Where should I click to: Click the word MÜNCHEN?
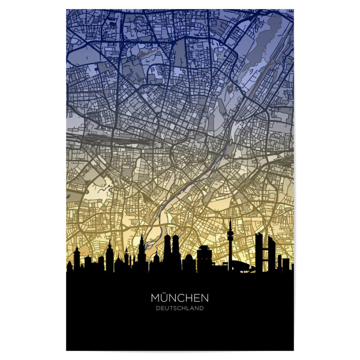click(180, 298)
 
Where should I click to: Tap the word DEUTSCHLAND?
click(180, 308)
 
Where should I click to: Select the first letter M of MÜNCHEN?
click(155, 298)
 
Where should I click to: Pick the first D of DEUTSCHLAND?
click(157, 308)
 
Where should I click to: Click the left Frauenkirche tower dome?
click(167, 238)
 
